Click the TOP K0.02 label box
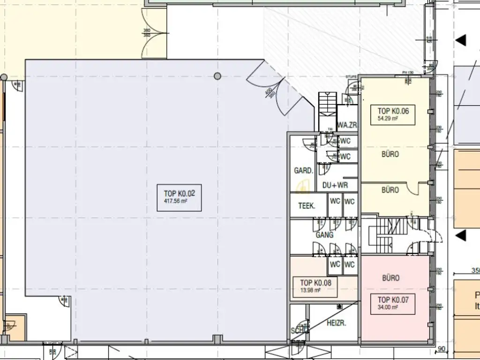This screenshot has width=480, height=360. [x=179, y=197]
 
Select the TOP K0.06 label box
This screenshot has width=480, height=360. [x=393, y=115]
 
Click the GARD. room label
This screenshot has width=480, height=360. [x=303, y=171]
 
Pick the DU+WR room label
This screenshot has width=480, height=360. [x=335, y=185]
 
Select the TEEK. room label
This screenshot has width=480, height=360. [x=307, y=206]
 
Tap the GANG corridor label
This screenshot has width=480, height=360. [x=324, y=235]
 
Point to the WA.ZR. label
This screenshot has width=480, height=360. [x=348, y=125]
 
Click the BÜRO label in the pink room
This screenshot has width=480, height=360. [x=390, y=278]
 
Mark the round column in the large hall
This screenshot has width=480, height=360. [x=217, y=76]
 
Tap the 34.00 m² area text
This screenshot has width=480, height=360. [x=388, y=307]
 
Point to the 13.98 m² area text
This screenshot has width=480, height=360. [x=310, y=290]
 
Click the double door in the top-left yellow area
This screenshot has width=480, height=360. [x=154, y=33]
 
